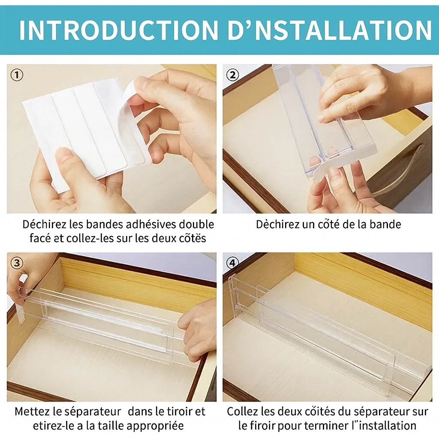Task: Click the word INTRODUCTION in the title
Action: click(118, 30)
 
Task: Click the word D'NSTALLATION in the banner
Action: click(328, 30)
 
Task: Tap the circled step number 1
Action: click(16, 75)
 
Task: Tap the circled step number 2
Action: click(232, 75)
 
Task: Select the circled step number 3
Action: click(16, 263)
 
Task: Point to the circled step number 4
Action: click(232, 263)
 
